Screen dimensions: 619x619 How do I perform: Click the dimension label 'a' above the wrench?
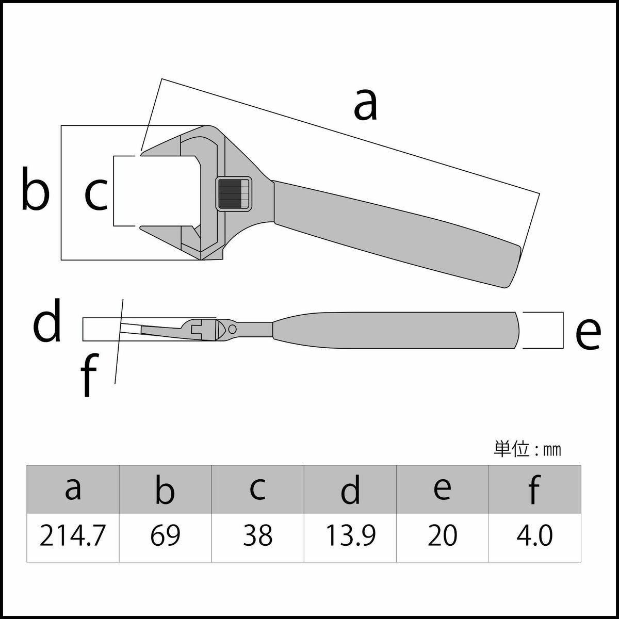(366, 105)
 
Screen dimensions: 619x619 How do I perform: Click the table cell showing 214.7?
(73, 537)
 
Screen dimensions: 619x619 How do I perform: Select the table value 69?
(165, 537)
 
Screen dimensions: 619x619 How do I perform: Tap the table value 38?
(257, 537)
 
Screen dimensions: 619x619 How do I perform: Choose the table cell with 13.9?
(350, 537)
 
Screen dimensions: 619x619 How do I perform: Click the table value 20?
(442, 537)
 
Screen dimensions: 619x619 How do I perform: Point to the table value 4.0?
(534, 537)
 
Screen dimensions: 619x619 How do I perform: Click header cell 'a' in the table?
(73, 489)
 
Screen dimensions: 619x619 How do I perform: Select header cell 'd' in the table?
(350, 489)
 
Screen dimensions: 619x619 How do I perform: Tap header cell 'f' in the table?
(534, 489)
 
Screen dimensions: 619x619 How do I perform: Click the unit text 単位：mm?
(527, 450)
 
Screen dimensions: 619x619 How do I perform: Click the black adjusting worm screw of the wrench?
(233, 193)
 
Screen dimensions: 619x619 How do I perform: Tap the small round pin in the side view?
(232, 329)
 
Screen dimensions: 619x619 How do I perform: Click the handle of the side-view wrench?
(397, 330)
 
